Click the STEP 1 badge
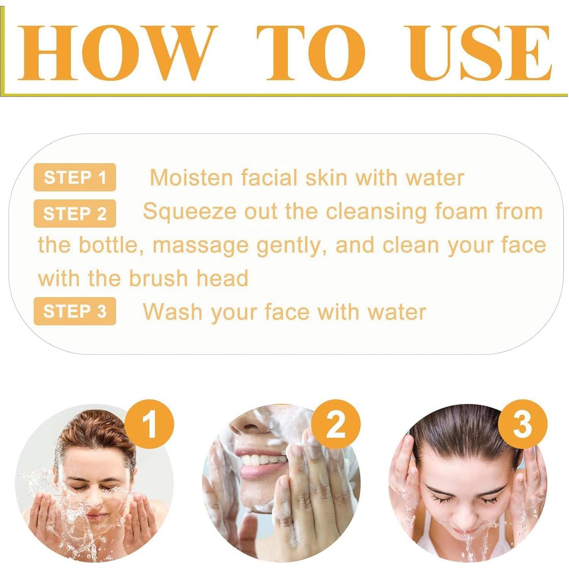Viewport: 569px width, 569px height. click(75, 177)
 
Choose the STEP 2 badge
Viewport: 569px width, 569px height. click(75, 214)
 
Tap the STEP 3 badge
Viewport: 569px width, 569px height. click(75, 311)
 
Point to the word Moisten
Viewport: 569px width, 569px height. click(191, 178)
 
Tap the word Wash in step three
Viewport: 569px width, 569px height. click(173, 312)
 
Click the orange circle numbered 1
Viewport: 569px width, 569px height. click(149, 425)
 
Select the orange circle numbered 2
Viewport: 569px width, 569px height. click(336, 425)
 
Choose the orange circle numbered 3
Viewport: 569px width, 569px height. click(523, 425)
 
